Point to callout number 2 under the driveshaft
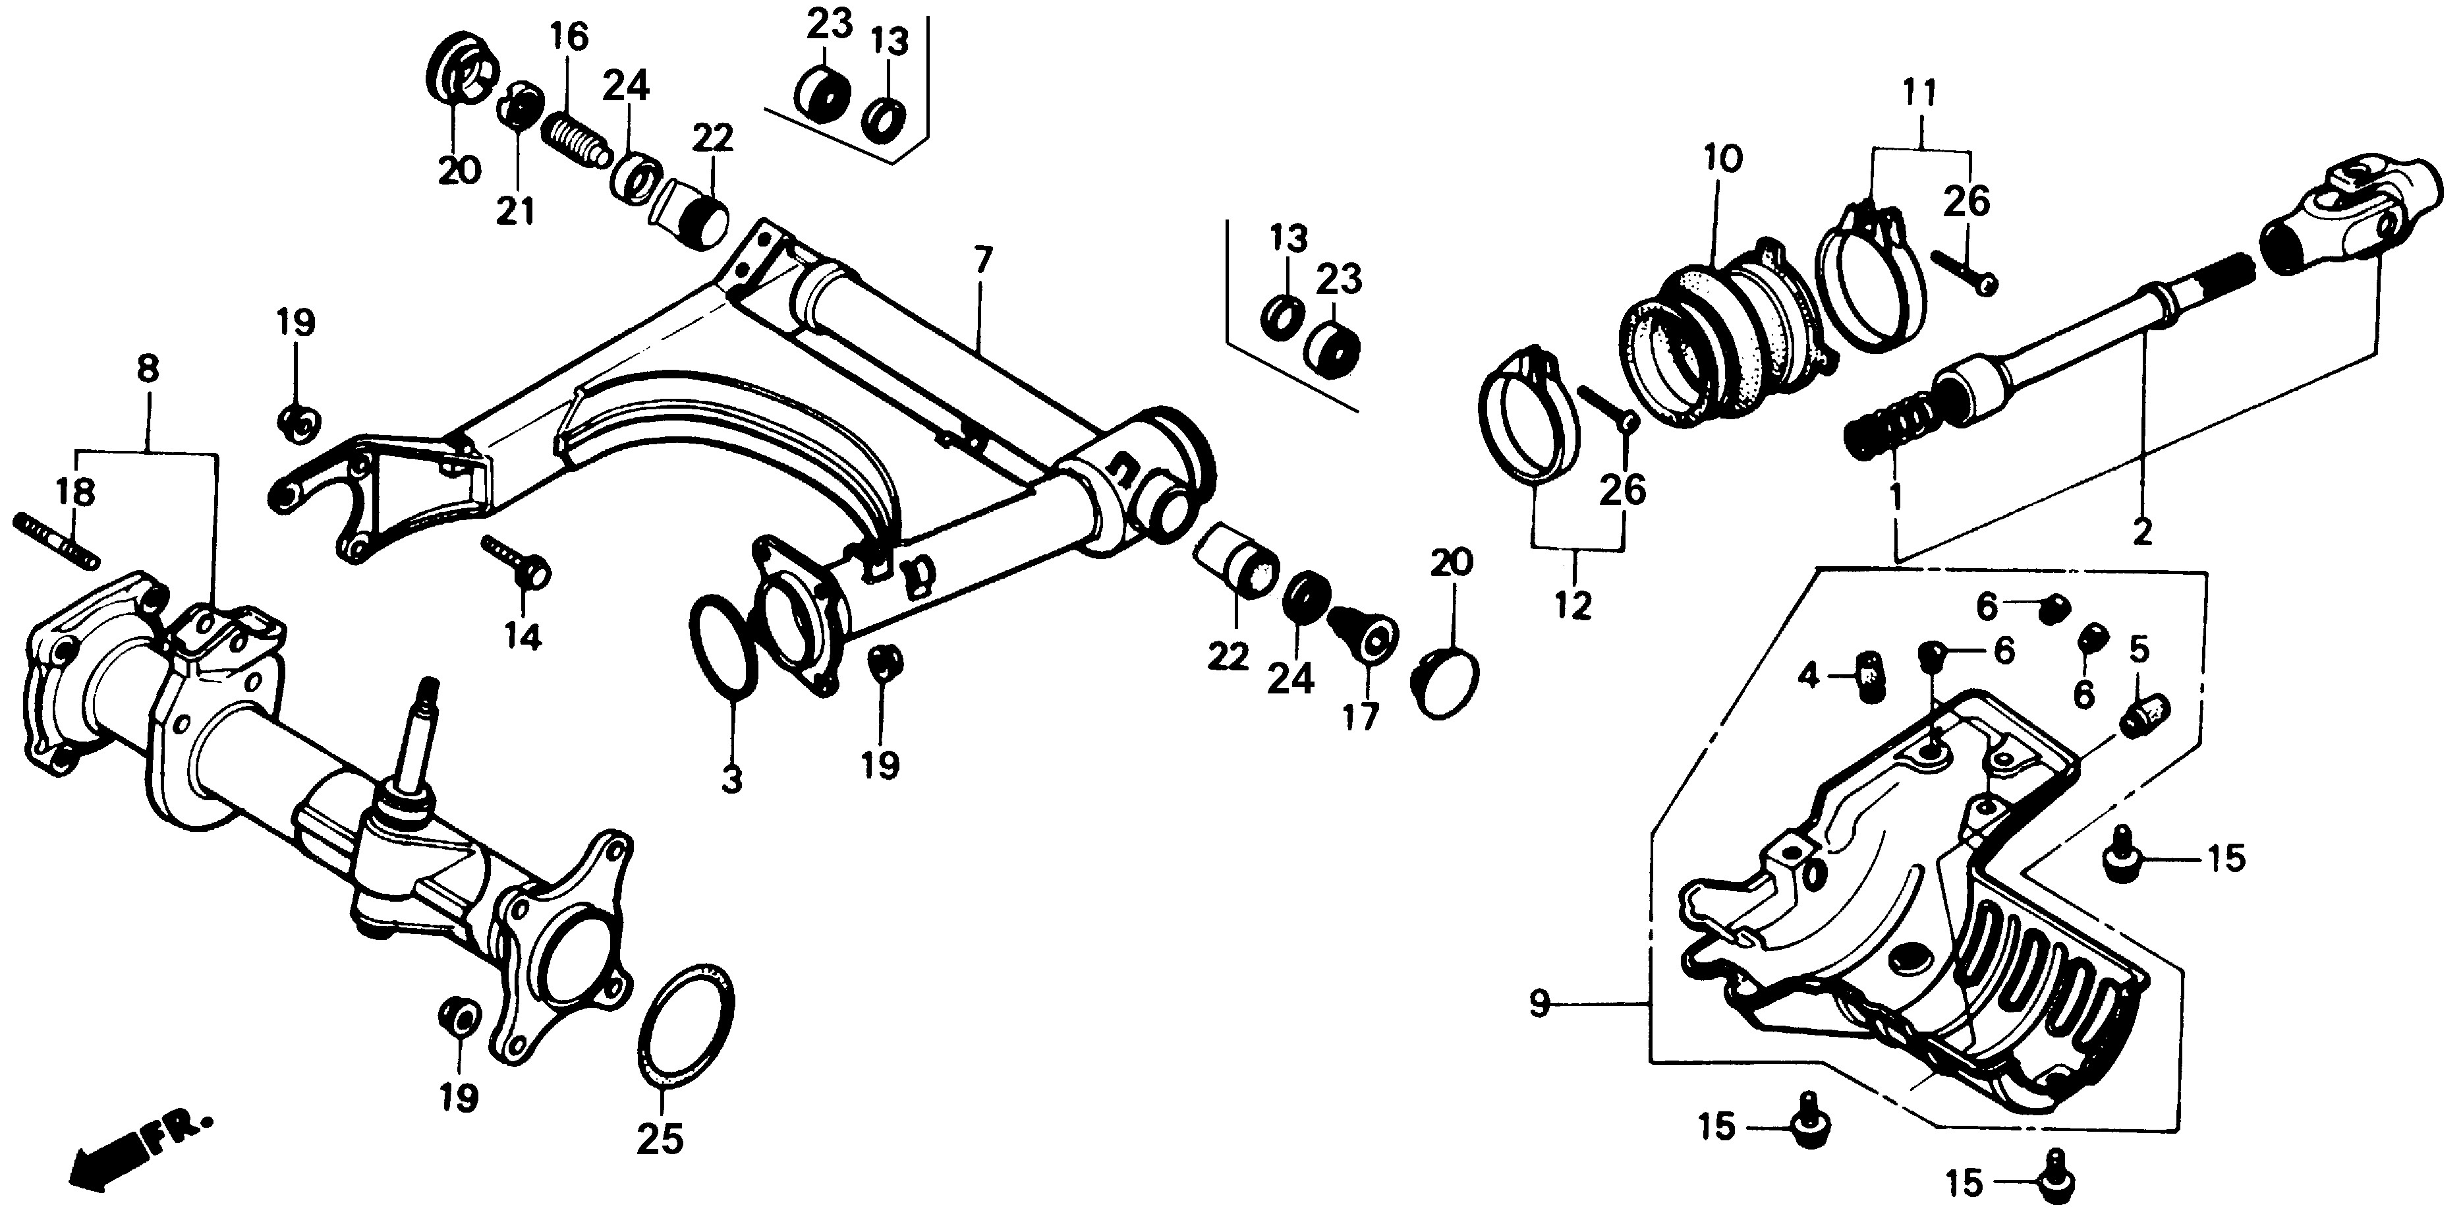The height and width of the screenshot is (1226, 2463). coord(2141,531)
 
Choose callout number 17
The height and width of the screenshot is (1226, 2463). coord(1361,716)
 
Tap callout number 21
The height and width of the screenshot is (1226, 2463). coord(517,210)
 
